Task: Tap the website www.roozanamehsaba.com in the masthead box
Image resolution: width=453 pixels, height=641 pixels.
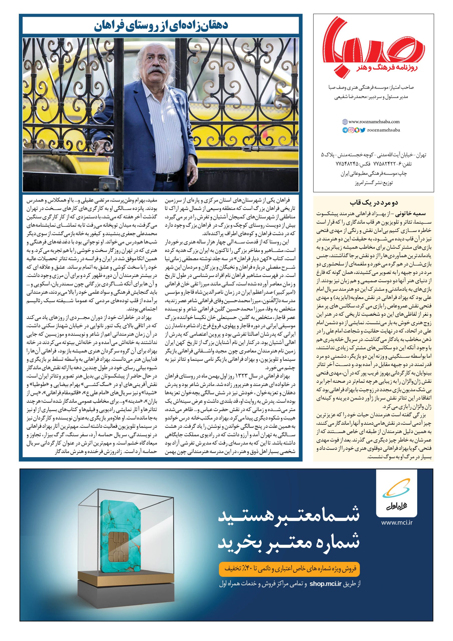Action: point(374,121)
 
